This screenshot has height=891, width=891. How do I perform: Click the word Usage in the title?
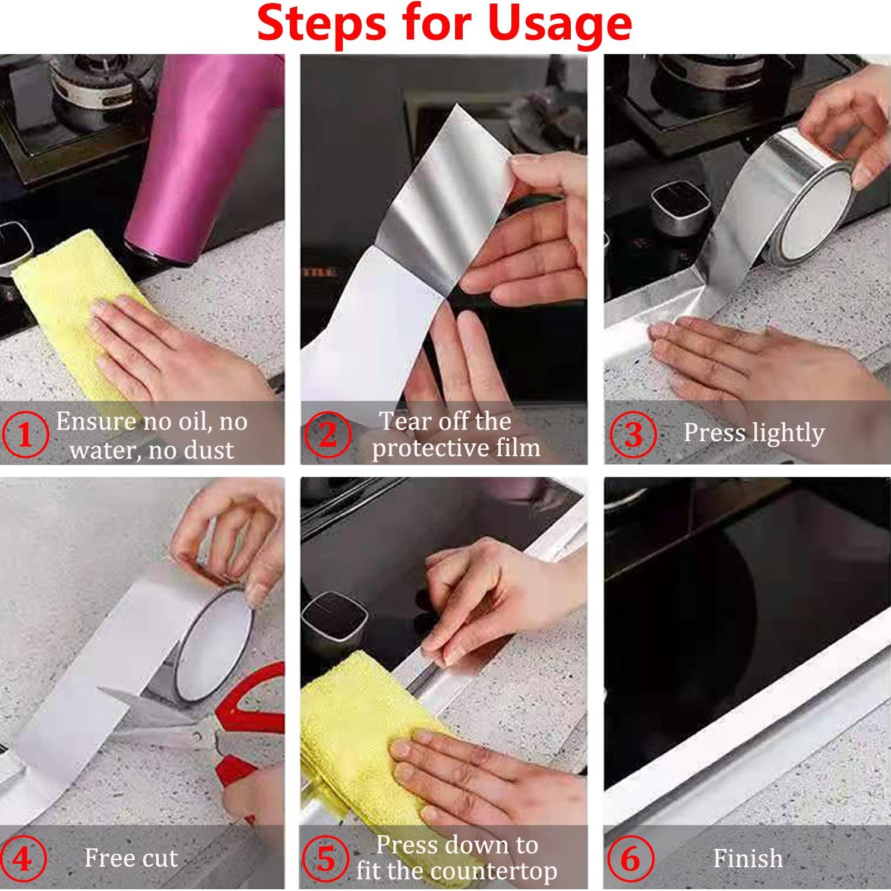(560, 24)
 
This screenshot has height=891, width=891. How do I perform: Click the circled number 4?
(23, 858)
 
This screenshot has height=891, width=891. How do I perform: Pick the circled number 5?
(326, 858)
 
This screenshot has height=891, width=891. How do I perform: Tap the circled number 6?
(630, 858)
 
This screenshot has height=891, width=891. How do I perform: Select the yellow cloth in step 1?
(65, 309)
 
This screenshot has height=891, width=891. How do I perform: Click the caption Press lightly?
(753, 433)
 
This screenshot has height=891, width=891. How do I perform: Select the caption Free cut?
(131, 858)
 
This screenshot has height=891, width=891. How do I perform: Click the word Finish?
(747, 858)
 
